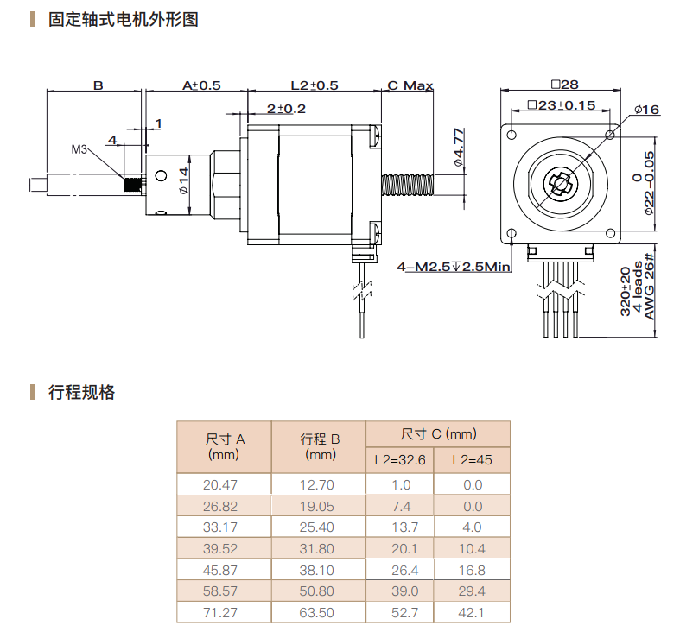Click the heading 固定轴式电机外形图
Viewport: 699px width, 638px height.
point(124,19)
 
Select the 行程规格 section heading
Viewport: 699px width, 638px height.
point(82,393)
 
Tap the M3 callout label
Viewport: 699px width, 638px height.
point(79,149)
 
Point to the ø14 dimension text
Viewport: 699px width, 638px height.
point(183,183)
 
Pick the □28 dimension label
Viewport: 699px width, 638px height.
point(563,85)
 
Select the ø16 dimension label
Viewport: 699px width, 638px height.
point(645,110)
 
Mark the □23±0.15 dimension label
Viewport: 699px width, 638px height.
point(561,105)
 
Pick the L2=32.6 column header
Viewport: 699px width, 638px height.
point(400,460)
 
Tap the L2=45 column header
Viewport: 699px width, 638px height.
point(472,460)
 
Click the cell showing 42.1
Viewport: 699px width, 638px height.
point(472,613)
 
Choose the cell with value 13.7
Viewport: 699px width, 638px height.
point(400,527)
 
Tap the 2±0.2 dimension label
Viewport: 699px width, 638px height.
point(287,109)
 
